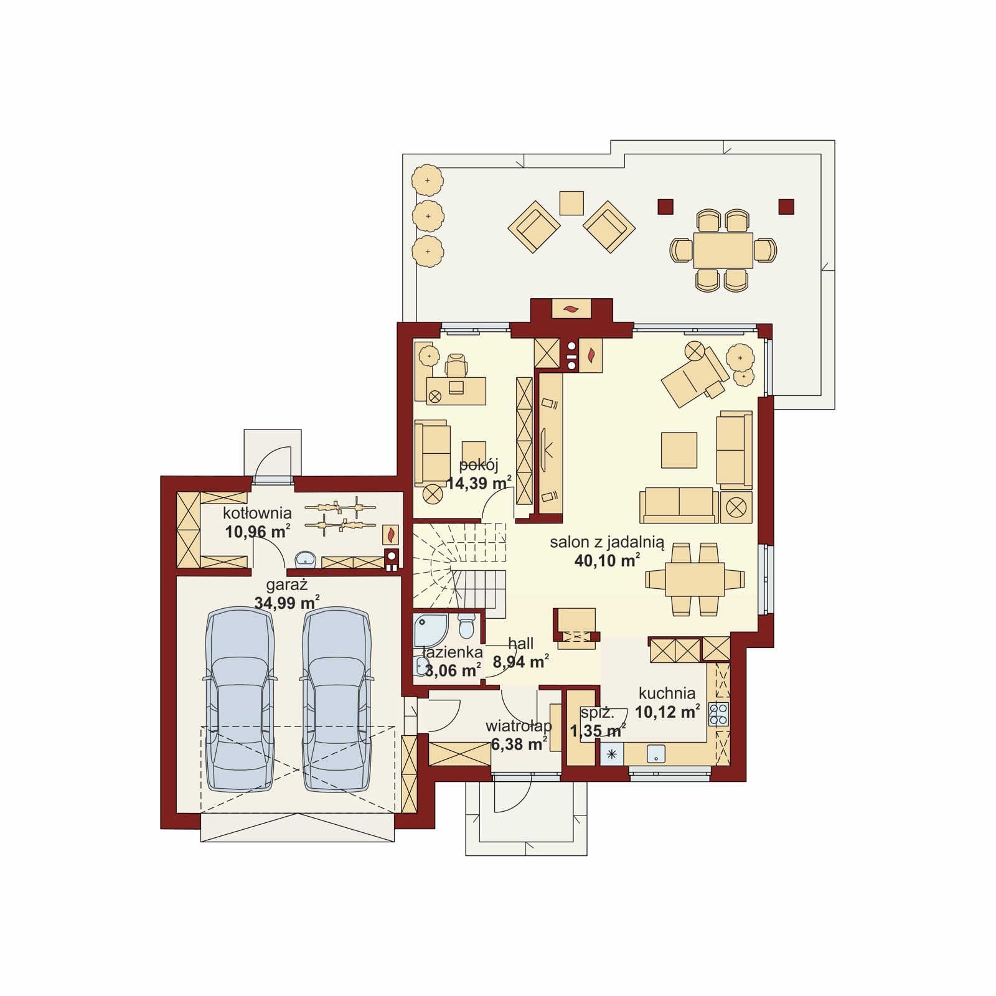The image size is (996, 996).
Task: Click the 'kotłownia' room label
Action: [257, 514]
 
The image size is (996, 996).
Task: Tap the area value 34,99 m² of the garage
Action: [287, 602]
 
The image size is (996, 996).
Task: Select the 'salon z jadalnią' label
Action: [607, 543]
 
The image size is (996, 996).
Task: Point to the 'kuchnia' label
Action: [667, 693]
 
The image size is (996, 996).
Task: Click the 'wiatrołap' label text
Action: [519, 726]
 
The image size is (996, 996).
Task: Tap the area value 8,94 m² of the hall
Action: [521, 662]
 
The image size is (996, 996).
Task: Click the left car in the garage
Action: [240, 700]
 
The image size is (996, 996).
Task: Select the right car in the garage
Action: [337, 700]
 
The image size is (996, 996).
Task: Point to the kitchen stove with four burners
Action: [718, 714]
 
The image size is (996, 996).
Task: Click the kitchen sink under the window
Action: [656, 754]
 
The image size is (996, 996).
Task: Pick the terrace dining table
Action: [723, 250]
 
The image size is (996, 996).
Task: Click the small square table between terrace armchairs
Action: [571, 203]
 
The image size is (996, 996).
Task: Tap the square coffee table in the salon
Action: [679, 450]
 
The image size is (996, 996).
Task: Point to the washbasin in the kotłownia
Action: [305, 559]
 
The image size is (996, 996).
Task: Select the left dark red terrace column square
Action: [665, 207]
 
